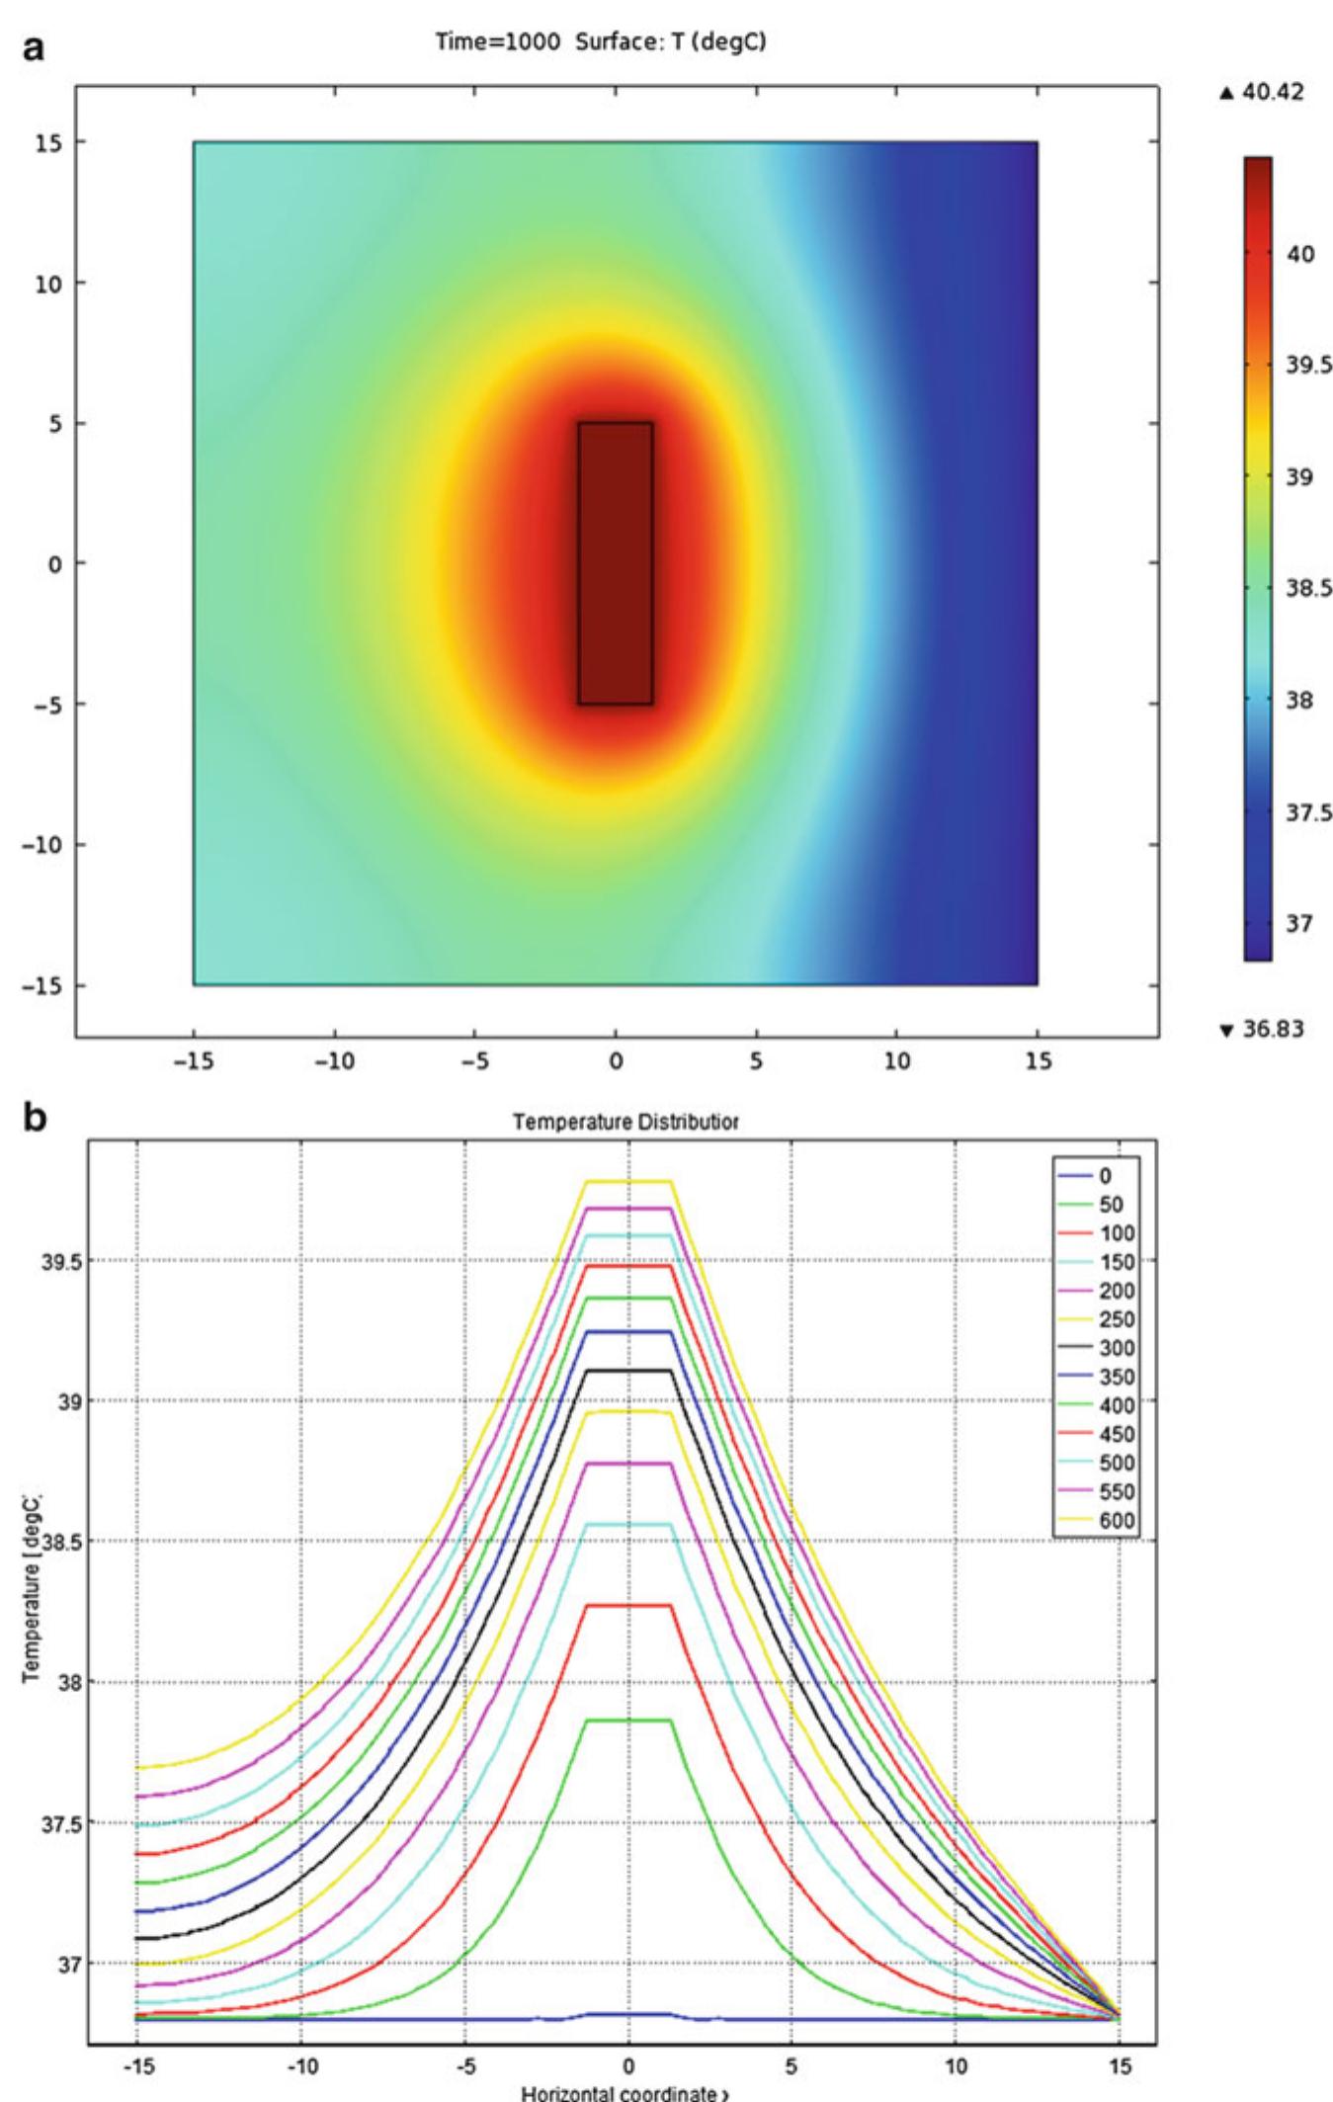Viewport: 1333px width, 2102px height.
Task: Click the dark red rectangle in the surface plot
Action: click(616, 563)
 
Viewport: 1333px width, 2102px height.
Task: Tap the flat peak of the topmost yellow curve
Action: click(628, 1181)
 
